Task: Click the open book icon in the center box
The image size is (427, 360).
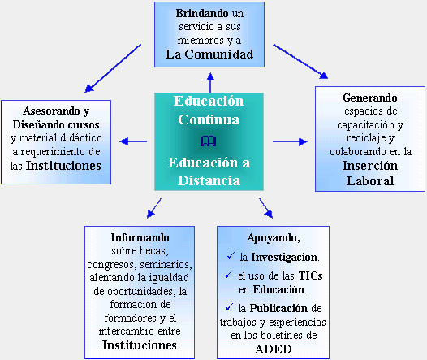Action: click(x=209, y=141)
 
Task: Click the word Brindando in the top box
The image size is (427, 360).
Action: click(x=202, y=13)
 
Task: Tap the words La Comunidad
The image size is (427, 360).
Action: click(x=209, y=54)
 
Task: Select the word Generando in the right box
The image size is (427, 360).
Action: click(x=370, y=98)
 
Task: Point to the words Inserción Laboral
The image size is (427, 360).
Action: click(x=370, y=173)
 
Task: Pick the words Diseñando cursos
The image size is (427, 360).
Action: click(x=56, y=124)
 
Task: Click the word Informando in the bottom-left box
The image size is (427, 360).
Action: click(x=140, y=237)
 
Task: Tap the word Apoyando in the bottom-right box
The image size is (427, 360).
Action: click(x=273, y=238)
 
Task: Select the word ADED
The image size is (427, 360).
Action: click(x=274, y=349)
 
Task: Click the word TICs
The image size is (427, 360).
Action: click(x=310, y=275)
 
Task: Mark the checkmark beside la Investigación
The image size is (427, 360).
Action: click(x=231, y=256)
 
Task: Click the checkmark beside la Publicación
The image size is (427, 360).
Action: click(x=229, y=307)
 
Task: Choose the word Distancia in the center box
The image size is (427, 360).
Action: click(x=209, y=180)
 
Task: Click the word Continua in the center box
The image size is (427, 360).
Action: click(x=209, y=119)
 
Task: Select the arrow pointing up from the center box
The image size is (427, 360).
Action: click(x=210, y=82)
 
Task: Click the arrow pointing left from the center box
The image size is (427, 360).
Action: click(x=133, y=141)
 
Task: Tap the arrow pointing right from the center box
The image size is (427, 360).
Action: click(x=290, y=141)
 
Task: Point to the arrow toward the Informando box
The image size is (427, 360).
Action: click(x=154, y=209)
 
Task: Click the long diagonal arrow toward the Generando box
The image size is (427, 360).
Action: click(x=300, y=62)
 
